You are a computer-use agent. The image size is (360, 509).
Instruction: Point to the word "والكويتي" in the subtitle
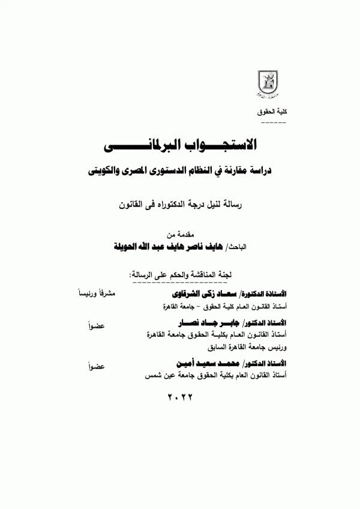point(101,171)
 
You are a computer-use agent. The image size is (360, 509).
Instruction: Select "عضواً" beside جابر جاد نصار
point(96,325)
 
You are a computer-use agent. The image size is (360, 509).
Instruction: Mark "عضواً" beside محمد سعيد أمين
point(96,364)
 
